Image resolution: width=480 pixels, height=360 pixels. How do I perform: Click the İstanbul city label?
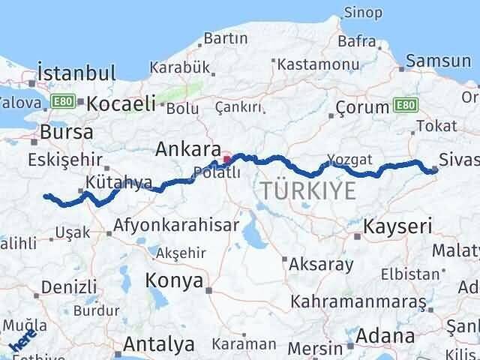click(x=77, y=73)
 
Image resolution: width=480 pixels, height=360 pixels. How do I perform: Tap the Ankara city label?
click(x=187, y=149)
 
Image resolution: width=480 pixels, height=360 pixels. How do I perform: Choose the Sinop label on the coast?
click(x=363, y=12)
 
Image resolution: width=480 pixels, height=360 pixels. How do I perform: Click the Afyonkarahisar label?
click(x=177, y=224)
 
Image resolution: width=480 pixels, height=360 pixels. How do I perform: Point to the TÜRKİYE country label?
click(x=309, y=192)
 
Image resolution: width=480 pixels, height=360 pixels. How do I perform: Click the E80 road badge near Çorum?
click(x=404, y=105)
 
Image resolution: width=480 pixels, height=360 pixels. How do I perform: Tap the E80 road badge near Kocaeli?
click(x=60, y=101)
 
